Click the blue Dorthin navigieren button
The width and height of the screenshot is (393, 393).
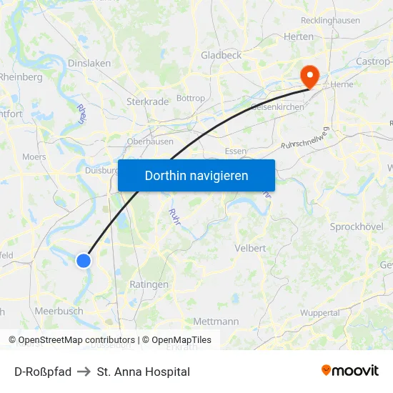coord(196,175)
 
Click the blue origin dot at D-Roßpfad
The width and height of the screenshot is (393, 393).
coord(84,261)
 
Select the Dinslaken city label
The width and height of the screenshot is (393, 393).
coord(89,63)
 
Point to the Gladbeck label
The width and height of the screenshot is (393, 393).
coord(221,55)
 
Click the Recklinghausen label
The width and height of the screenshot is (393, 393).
coord(330,20)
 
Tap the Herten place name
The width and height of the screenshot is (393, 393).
coord(298,36)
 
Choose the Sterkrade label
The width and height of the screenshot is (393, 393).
coord(147,101)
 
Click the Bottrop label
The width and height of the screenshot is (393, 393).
coord(190,98)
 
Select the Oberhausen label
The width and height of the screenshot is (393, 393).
coord(149,141)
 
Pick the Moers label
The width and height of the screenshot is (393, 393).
coord(34,156)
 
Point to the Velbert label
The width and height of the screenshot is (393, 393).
coord(250,248)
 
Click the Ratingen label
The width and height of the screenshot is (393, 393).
coord(149,284)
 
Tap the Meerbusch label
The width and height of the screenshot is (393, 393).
coord(59,311)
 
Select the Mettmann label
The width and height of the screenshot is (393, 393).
coord(216,322)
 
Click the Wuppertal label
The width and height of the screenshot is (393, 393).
coord(319,313)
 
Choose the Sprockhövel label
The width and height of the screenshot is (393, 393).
coord(357,227)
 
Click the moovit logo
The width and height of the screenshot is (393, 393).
coord(350,370)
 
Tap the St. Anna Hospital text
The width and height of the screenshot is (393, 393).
coord(143,372)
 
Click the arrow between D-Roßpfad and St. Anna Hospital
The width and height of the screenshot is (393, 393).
coord(84,372)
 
